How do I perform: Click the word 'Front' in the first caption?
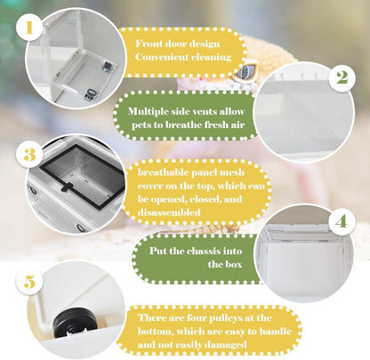(151, 44)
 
